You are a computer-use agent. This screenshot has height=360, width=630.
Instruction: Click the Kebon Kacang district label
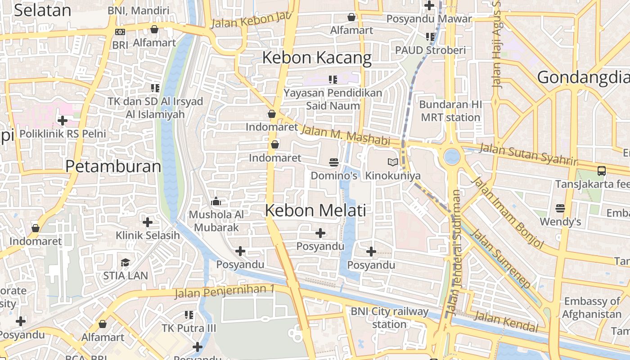click(317, 58)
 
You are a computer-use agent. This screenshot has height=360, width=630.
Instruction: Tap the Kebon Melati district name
click(315, 210)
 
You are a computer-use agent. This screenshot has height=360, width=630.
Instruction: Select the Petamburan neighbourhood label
click(113, 166)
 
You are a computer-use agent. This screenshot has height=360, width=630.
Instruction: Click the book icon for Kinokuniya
click(393, 162)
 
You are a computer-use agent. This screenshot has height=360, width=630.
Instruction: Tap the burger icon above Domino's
click(333, 162)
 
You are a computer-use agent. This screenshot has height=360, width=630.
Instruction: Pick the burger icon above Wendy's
click(560, 208)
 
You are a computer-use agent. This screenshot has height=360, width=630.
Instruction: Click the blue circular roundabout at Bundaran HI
click(452, 157)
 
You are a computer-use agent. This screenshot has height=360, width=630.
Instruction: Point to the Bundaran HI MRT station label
click(450, 111)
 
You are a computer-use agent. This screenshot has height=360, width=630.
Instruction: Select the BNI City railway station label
click(389, 318)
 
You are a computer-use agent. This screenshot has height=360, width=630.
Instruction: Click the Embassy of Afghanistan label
click(592, 308)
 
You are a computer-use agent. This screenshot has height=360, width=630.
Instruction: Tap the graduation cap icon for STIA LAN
click(125, 262)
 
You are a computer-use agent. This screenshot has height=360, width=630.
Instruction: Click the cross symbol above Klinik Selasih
click(147, 222)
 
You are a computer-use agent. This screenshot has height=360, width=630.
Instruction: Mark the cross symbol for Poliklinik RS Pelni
click(63, 120)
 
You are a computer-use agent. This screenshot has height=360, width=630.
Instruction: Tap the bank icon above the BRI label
click(120, 32)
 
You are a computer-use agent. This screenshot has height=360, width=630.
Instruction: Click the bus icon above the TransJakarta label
click(601, 171)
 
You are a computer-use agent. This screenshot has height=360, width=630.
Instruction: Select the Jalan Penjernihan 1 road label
click(224, 292)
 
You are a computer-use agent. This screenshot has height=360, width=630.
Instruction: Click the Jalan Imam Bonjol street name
click(508, 213)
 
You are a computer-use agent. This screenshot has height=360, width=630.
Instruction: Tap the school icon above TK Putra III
click(189, 315)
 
